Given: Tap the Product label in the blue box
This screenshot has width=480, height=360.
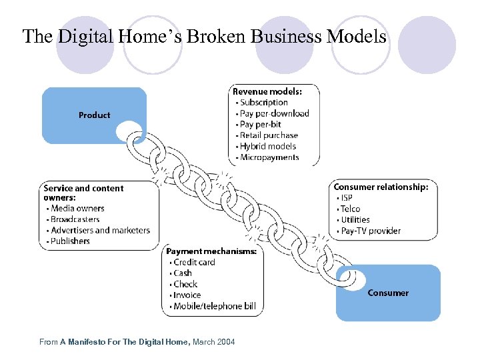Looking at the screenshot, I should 94,115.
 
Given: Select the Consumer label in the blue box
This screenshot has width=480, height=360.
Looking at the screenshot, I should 388,293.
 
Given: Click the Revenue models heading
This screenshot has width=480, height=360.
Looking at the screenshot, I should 267,91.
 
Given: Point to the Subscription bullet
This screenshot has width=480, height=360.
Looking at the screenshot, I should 264,103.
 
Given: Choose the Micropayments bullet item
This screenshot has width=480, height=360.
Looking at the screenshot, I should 269,157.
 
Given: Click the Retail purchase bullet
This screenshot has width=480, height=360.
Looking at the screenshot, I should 269,135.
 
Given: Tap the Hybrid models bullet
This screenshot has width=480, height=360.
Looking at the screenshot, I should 268,147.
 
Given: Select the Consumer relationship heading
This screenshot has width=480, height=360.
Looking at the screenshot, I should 381,187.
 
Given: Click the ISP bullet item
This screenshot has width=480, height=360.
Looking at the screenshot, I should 347,198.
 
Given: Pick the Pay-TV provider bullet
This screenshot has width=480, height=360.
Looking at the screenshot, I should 371,231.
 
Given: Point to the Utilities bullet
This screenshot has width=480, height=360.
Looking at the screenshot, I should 355,220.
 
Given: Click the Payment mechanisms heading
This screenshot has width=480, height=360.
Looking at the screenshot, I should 211,251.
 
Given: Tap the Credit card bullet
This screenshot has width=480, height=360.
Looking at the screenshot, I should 195,263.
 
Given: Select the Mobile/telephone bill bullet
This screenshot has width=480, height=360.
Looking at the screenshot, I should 214,307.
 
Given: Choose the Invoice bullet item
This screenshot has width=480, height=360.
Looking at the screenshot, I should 187,295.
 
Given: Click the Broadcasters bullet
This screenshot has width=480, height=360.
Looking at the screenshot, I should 75,219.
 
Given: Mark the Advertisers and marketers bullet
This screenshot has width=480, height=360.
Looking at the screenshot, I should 101,231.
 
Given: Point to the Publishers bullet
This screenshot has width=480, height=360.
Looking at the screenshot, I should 70,241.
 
